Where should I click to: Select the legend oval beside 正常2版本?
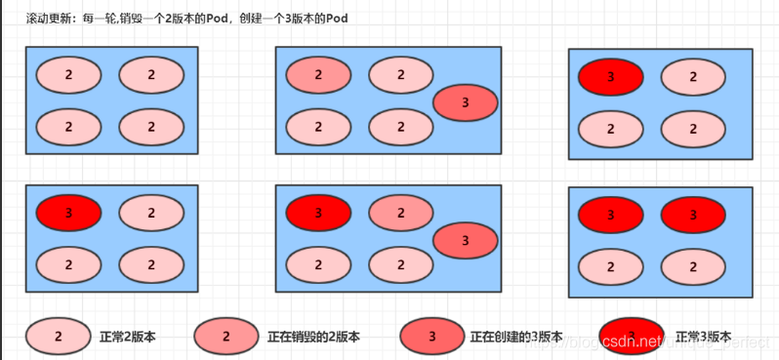pyautogui.click(x=59, y=337)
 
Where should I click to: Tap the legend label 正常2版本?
pyautogui.click(x=128, y=337)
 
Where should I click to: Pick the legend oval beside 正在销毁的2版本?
pyautogui.click(x=226, y=337)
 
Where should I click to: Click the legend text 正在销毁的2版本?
pyautogui.click(x=313, y=337)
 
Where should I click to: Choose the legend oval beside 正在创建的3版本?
pyautogui.click(x=432, y=337)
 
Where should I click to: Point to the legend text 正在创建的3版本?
pyautogui.click(x=516, y=337)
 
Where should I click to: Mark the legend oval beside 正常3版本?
pyautogui.click(x=632, y=337)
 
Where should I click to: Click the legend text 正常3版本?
pyautogui.click(x=704, y=337)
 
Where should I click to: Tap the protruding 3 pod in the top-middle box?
pyautogui.click(x=465, y=101)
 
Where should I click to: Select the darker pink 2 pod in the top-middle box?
pyautogui.click(x=318, y=74)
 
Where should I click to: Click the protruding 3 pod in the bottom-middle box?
pyautogui.click(x=465, y=239)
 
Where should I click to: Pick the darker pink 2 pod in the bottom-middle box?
pyautogui.click(x=401, y=213)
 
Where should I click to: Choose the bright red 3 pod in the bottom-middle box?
pyautogui.click(x=318, y=213)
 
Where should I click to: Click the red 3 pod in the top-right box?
pyautogui.click(x=610, y=76)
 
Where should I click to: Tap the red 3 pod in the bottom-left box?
pyautogui.click(x=68, y=213)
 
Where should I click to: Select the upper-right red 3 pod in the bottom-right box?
pyautogui.click(x=693, y=214)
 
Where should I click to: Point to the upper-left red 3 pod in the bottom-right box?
pyautogui.click(x=610, y=214)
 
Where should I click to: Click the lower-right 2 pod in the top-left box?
pyautogui.click(x=151, y=126)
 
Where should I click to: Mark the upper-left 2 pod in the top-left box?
pyautogui.click(x=68, y=74)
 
